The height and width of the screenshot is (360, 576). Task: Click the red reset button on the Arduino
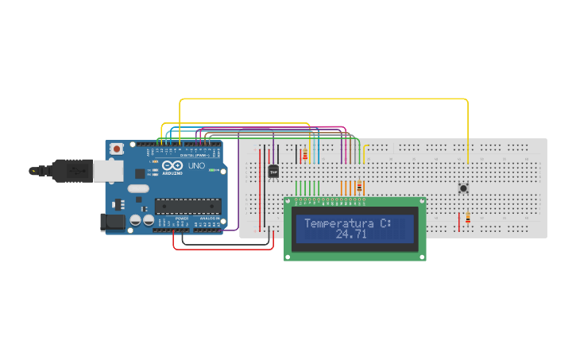tap(117, 149)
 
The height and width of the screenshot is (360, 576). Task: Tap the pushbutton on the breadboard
tap(463, 188)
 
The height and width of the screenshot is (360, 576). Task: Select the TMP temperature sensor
tap(274, 171)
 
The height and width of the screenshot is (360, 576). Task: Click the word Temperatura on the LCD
tap(340, 224)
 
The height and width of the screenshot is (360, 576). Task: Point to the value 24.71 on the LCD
tap(351, 235)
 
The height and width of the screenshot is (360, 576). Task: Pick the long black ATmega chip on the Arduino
tap(187, 206)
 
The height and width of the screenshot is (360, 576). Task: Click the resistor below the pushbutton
tap(467, 218)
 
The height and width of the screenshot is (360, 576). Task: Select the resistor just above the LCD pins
tap(359, 187)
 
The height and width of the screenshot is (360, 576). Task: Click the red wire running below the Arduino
tap(222, 249)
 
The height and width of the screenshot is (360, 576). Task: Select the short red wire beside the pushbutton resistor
tap(458, 222)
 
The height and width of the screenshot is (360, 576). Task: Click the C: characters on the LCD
tap(386, 224)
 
